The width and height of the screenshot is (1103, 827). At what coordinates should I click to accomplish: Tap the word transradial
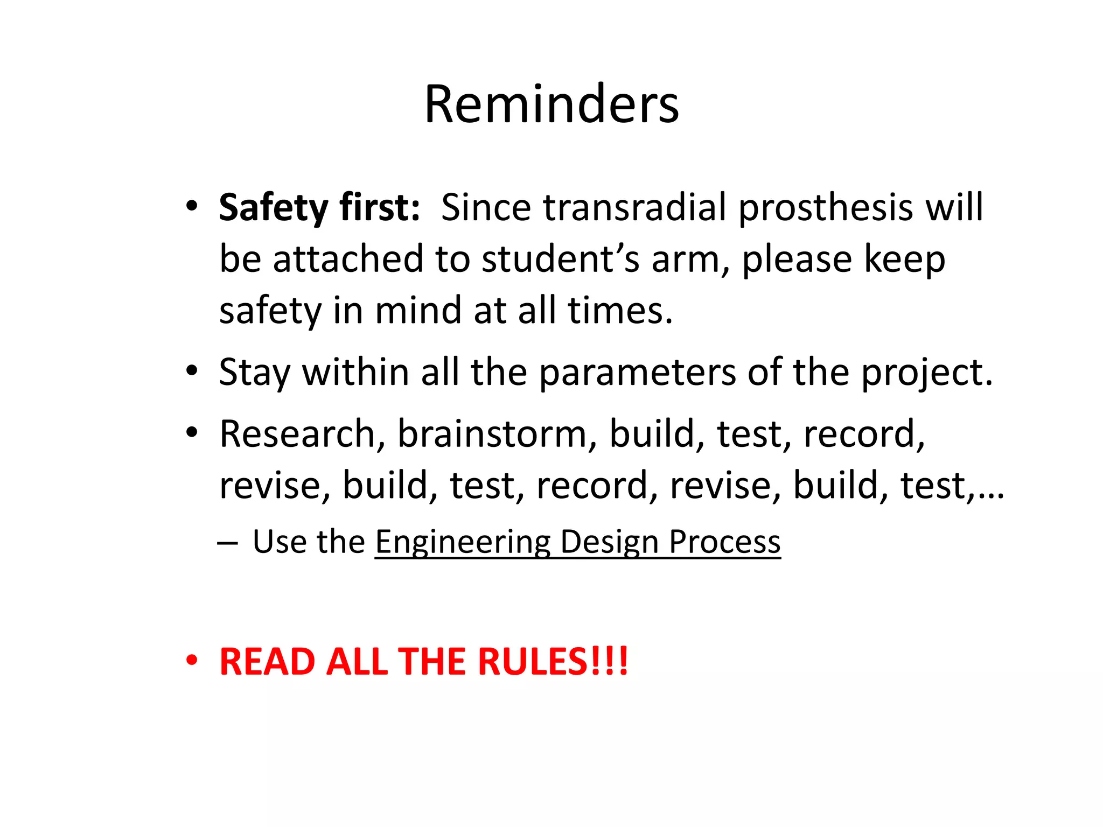[x=635, y=208]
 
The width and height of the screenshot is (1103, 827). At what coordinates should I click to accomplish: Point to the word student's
[x=560, y=260]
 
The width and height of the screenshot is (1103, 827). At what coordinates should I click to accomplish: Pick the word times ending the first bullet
[x=619, y=311]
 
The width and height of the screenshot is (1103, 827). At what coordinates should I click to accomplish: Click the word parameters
[x=637, y=373]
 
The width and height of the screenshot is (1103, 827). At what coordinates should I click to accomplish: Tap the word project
[x=926, y=373]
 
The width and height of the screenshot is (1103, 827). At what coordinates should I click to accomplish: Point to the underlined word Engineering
[x=463, y=542]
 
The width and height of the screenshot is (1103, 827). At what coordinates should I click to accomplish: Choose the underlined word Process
[x=724, y=542]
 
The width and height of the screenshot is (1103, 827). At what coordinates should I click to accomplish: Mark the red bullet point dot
[x=192, y=661]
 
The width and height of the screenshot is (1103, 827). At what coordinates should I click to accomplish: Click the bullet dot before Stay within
[x=192, y=371]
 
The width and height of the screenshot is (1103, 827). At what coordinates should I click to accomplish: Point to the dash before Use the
[x=227, y=543]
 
